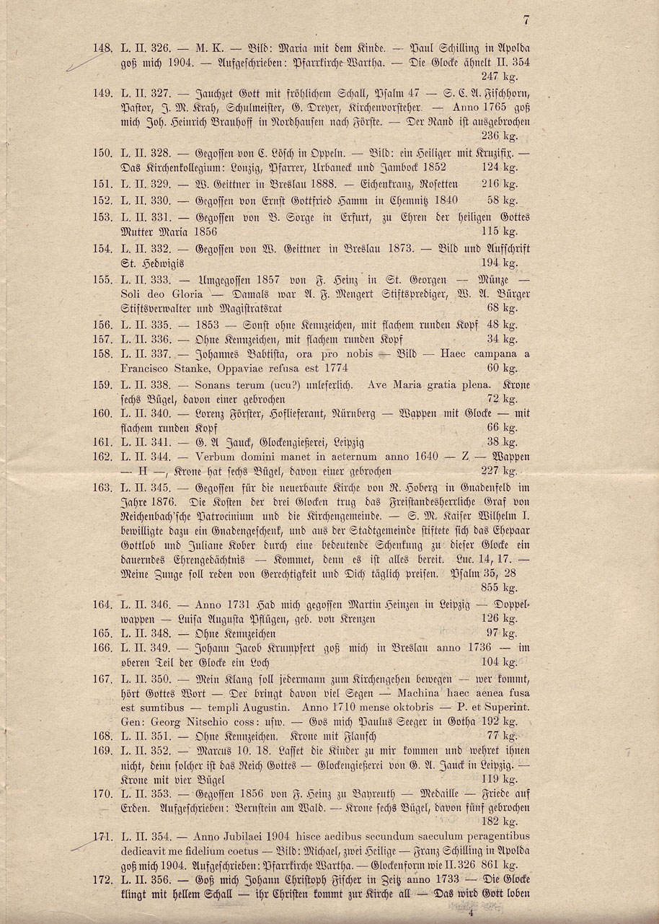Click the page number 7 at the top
coord(527,20)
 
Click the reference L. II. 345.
coord(146,488)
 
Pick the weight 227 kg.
coord(499,471)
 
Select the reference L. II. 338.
coord(146,385)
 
